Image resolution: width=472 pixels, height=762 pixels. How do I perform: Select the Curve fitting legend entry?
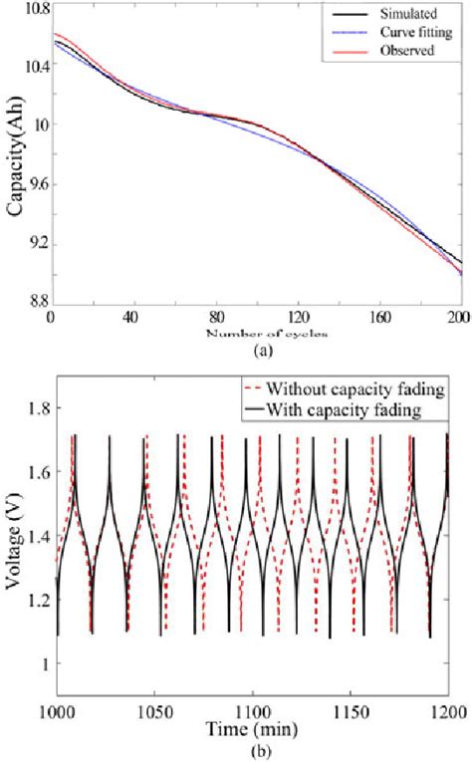(407, 31)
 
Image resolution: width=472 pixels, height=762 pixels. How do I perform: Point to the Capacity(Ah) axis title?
(15, 171)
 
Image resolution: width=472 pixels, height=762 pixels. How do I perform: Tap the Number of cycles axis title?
(252, 333)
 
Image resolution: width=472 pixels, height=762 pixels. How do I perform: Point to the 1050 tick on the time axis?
(154, 709)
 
